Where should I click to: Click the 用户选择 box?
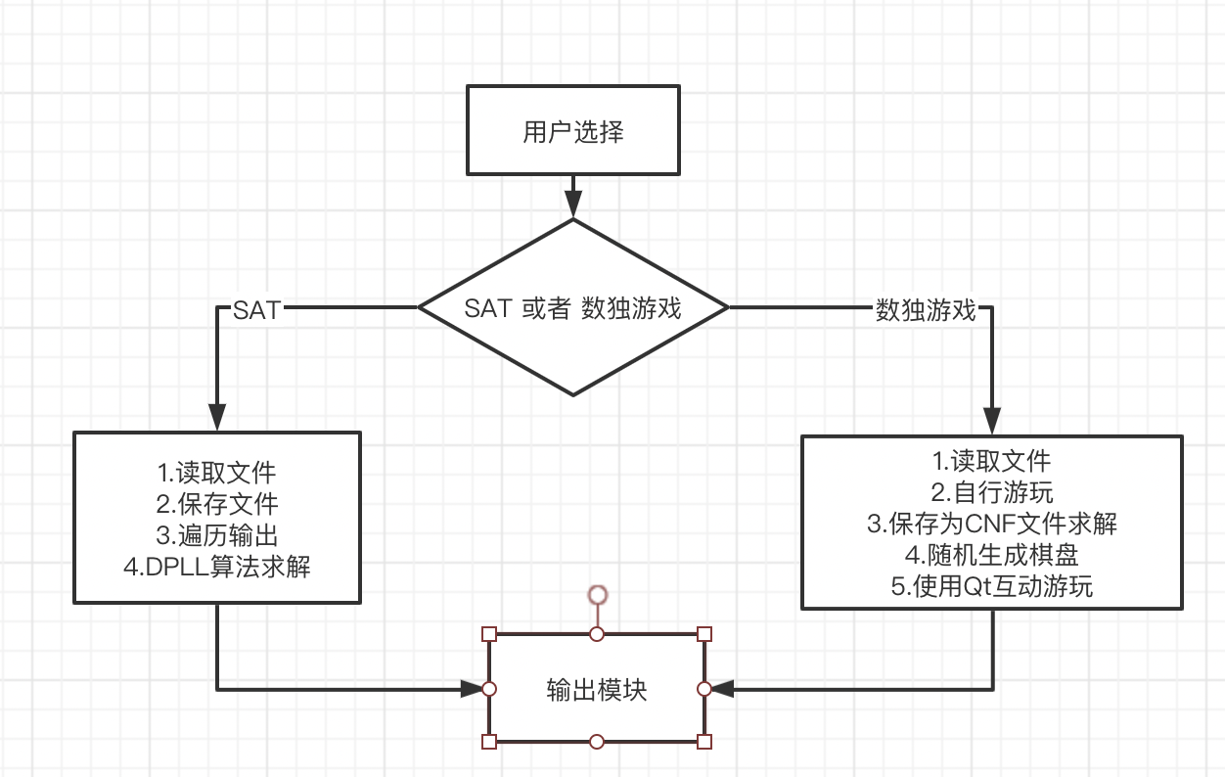coord(572,132)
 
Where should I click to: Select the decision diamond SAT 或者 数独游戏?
coord(572,308)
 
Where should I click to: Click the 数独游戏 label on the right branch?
coord(926,310)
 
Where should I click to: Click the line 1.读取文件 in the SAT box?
coord(216,473)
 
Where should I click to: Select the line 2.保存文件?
coord(217,504)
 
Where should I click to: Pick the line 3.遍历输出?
coord(217,535)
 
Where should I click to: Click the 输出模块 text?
coord(596,689)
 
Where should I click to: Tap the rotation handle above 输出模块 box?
coord(597,594)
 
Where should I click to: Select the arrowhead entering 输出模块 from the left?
coord(474,689)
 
